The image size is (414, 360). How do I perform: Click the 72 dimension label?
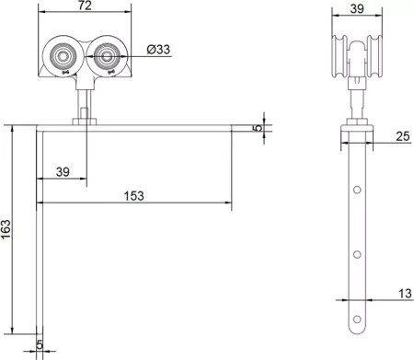(85, 6)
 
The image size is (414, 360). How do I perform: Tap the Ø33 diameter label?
(158, 49)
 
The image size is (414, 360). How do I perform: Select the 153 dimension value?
(133, 196)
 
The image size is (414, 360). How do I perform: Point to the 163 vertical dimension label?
(6, 229)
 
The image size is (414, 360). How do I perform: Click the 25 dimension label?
(403, 136)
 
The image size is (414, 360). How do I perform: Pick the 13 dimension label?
(405, 294)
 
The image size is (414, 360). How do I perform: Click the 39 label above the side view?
(357, 9)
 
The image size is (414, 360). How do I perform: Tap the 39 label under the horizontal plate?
(63, 172)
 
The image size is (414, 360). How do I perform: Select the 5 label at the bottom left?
(40, 344)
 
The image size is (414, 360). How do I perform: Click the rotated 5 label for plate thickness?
(259, 128)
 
